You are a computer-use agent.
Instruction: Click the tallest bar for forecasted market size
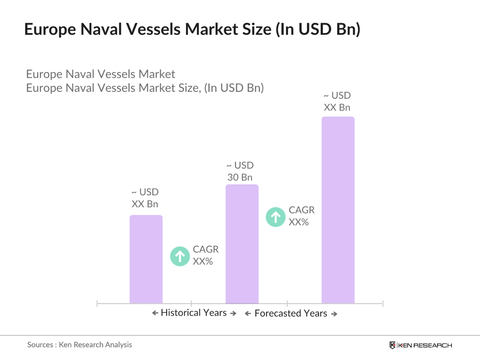pos(338,210)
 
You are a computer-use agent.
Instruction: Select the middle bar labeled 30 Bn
pos(242,244)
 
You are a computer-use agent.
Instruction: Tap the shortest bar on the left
pos(146,259)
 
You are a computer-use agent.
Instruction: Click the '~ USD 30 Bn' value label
pos(240,171)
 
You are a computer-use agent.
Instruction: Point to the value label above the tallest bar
pos(337,102)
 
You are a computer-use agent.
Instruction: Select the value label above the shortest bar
pos(145,198)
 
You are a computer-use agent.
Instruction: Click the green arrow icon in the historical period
pos(180,256)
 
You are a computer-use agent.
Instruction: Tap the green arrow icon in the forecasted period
pos(275,217)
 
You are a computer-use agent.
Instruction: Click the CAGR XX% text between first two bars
pos(206,255)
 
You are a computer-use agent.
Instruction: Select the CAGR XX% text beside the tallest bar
pos(301,216)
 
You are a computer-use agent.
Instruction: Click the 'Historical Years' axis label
pos(194,313)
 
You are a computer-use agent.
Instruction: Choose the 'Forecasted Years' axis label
pos(291,314)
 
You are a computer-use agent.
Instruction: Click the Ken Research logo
pos(421,345)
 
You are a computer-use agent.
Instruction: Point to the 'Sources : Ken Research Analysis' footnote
pos(80,345)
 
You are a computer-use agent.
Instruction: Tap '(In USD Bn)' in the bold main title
pos(318,29)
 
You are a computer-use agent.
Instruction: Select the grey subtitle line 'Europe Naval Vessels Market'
pos(101,74)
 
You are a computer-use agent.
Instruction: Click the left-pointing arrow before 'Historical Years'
pos(155,313)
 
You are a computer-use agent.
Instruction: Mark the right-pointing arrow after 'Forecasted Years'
pos(334,314)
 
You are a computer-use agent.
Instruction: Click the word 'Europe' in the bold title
pos(50,29)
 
